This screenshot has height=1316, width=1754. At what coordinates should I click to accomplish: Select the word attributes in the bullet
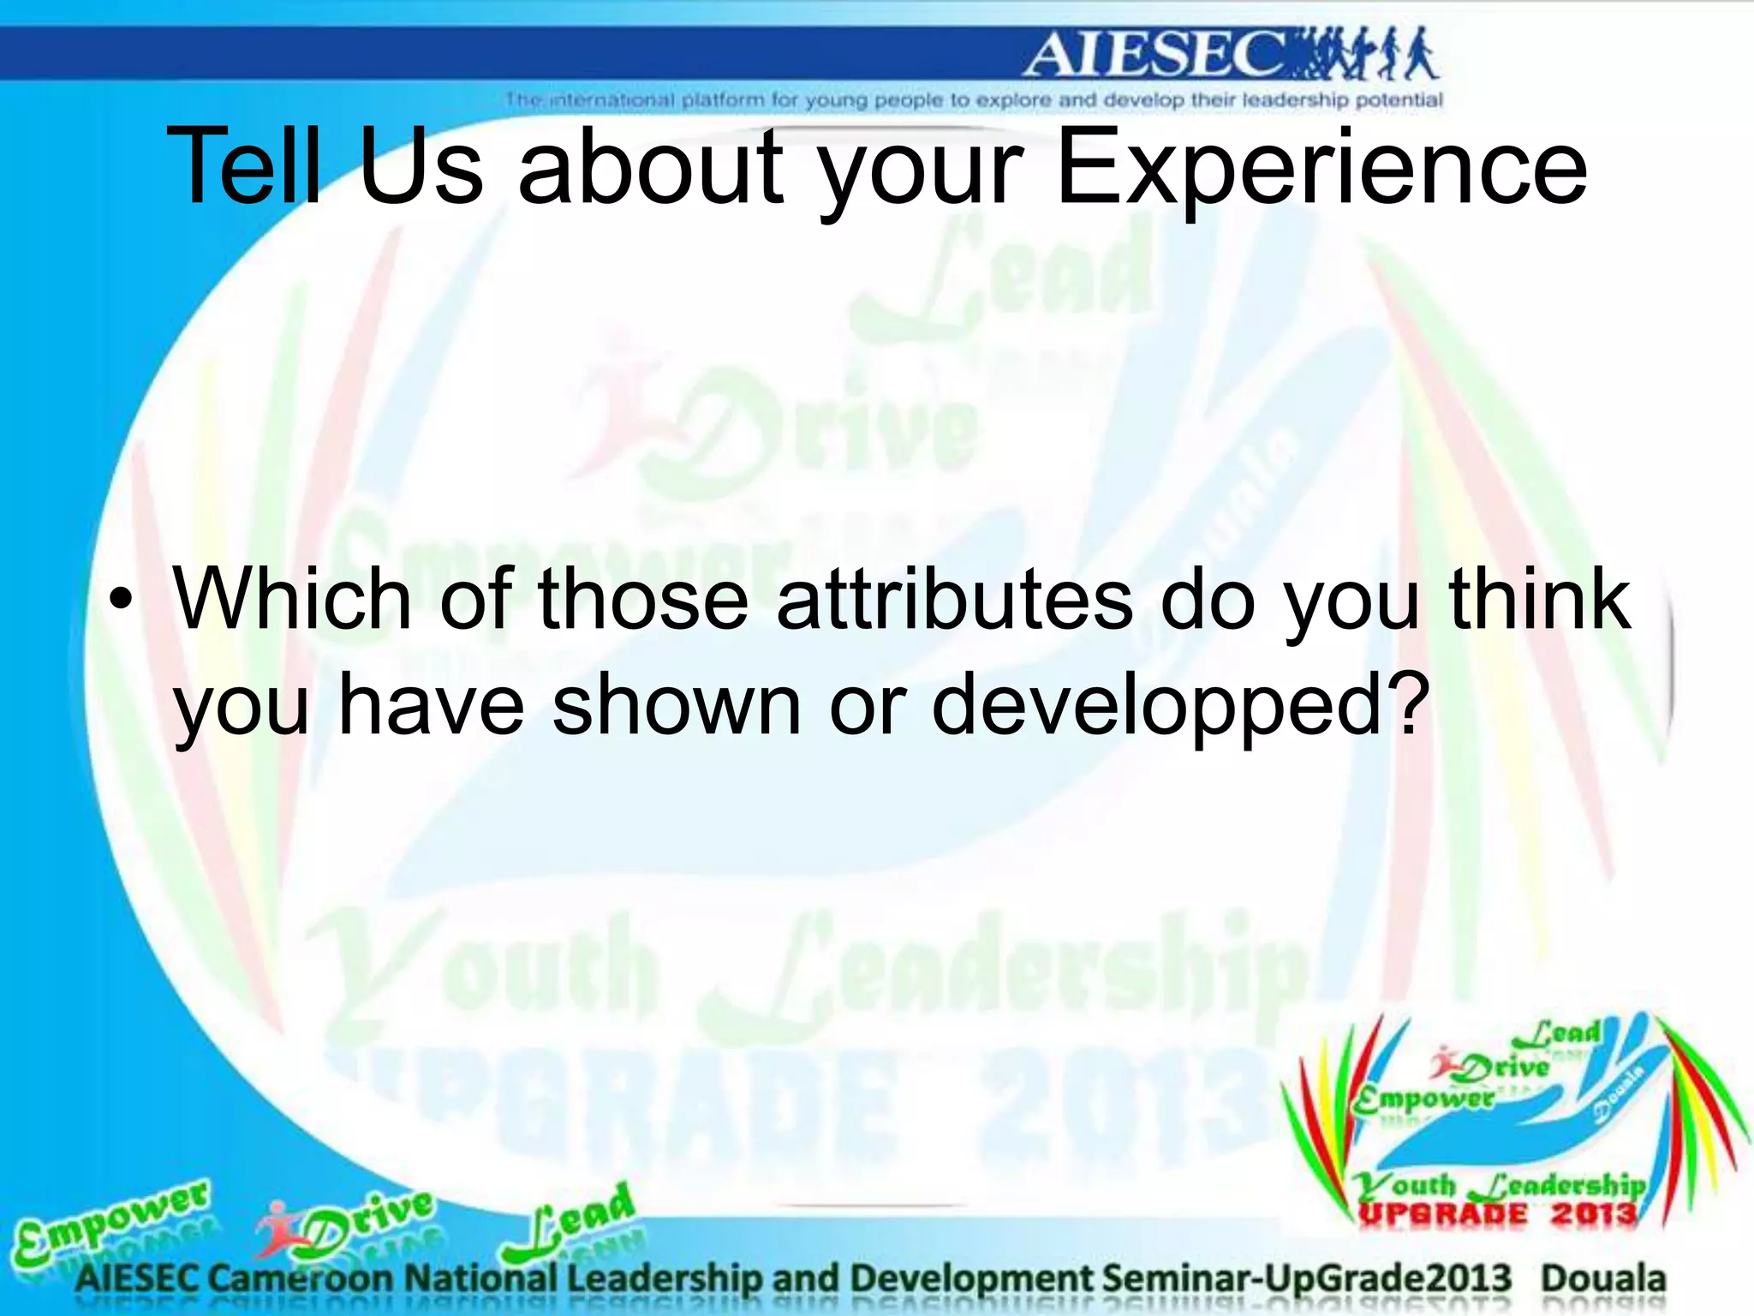pyautogui.click(x=954, y=600)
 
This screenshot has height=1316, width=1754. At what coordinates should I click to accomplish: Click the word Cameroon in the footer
pyautogui.click(x=303, y=1279)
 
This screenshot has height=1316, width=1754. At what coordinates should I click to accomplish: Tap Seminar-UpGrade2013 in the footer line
pyautogui.click(x=1307, y=1279)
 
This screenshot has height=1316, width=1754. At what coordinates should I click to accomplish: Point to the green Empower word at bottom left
pyautogui.click(x=111, y=1221)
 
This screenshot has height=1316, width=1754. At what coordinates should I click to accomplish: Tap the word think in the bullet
pyautogui.click(x=1538, y=600)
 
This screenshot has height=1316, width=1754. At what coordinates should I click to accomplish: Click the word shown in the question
pyautogui.click(x=676, y=705)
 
